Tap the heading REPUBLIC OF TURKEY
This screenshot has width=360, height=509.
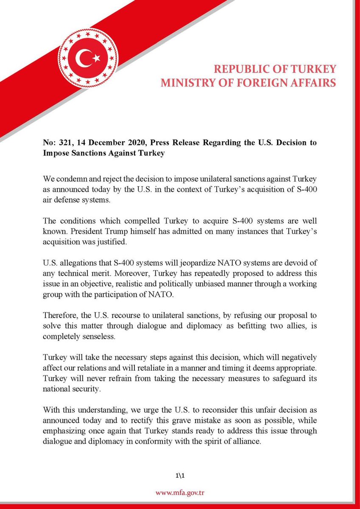[x=274, y=69]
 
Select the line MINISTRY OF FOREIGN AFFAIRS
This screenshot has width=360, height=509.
[x=248, y=82]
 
